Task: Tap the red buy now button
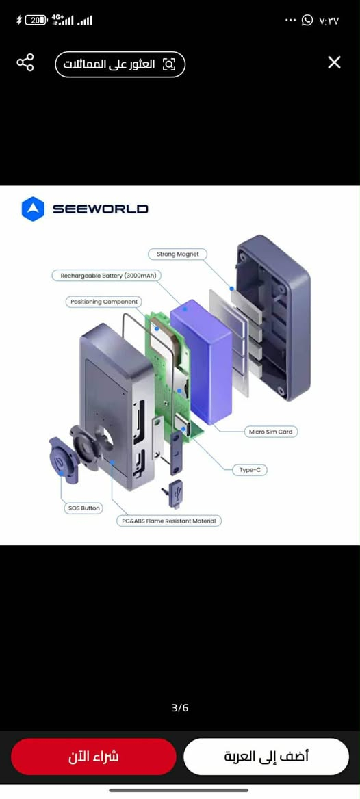click(93, 757)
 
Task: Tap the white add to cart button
click(266, 757)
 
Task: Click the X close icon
click(334, 63)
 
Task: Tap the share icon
click(25, 62)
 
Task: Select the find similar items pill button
click(120, 64)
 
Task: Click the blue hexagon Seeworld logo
click(33, 209)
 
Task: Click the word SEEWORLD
click(101, 209)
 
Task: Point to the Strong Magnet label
click(177, 254)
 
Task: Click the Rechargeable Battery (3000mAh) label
click(107, 276)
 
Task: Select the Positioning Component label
click(103, 302)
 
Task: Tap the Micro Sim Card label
click(271, 432)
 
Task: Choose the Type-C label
click(250, 470)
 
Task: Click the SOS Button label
click(84, 508)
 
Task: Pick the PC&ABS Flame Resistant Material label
click(169, 521)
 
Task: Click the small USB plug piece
click(173, 493)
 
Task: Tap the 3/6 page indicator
click(180, 708)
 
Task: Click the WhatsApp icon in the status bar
click(307, 21)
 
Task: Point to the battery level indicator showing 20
click(36, 21)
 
